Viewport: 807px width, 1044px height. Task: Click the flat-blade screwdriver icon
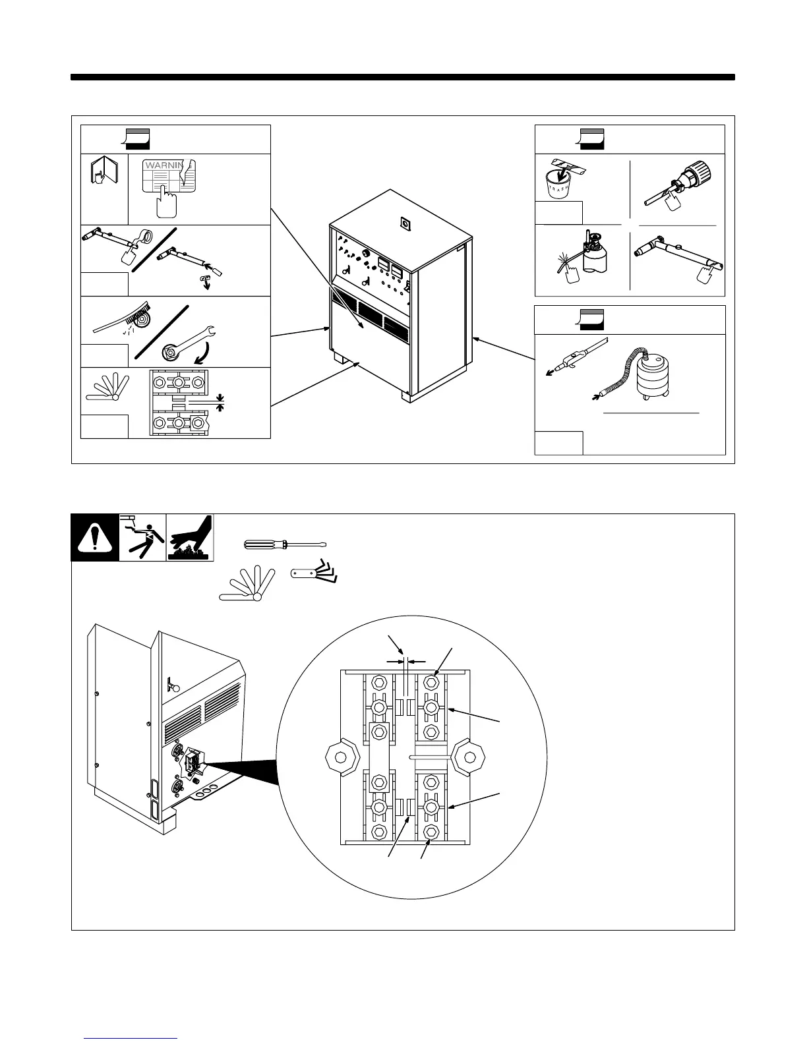pos(285,544)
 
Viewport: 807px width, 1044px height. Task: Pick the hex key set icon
pos(316,570)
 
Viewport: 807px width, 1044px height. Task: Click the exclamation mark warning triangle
pos(95,538)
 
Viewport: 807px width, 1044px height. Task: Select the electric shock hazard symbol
pos(142,538)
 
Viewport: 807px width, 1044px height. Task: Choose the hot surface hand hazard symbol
pos(190,538)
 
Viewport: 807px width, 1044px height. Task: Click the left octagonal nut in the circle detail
pos(342,756)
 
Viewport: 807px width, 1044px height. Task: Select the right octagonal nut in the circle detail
pos(469,756)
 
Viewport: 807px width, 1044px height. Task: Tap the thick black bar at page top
pos(402,77)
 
